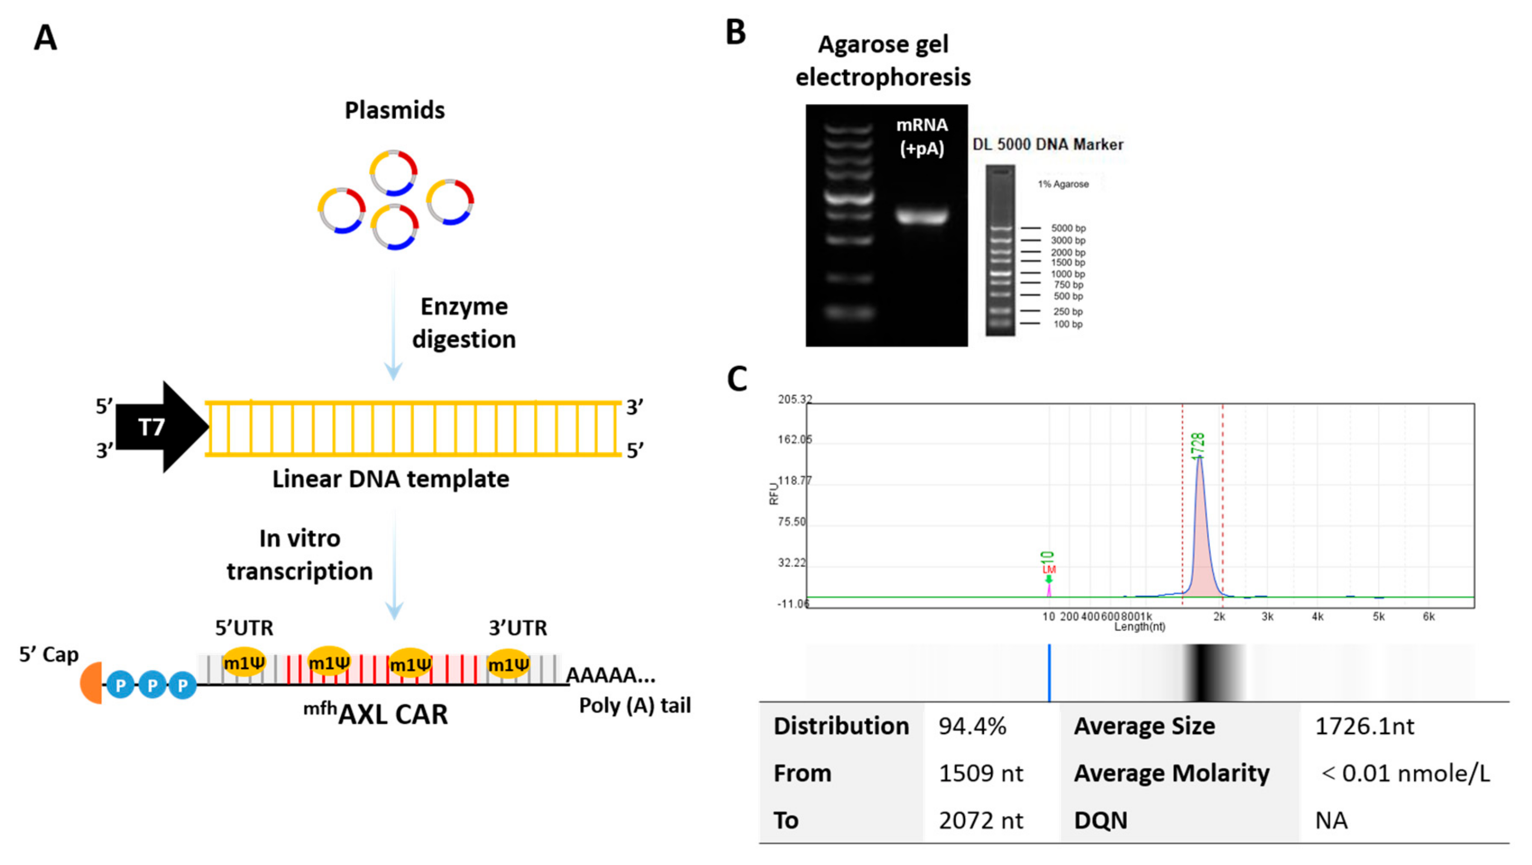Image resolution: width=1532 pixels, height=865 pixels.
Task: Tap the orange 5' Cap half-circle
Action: [x=92, y=683]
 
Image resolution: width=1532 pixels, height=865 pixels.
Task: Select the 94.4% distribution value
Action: [x=972, y=726]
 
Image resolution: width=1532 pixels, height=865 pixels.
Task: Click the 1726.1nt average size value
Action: [x=1364, y=726]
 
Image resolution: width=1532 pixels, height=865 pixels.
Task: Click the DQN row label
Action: [x=1100, y=821]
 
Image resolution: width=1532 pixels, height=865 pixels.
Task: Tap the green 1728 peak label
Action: [x=1198, y=446]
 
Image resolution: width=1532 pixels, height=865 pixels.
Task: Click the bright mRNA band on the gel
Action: [x=921, y=215]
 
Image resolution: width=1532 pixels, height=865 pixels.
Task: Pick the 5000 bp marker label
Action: [x=1068, y=228]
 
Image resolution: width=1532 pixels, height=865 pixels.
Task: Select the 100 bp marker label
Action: [x=1068, y=324]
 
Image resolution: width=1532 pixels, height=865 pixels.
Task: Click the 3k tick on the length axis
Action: [x=1267, y=617]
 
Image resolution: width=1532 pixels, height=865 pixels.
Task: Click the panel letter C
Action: [x=737, y=379]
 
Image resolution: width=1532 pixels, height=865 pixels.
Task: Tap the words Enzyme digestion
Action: [x=464, y=323]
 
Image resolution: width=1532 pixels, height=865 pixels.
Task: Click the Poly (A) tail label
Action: [x=635, y=705]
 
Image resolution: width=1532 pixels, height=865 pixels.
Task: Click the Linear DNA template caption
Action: [x=391, y=479]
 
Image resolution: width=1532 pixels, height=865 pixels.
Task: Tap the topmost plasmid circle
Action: [x=393, y=172]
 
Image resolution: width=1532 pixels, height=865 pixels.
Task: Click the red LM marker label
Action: [x=1049, y=570]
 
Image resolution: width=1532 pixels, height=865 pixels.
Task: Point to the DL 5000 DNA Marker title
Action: [x=1048, y=144]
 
